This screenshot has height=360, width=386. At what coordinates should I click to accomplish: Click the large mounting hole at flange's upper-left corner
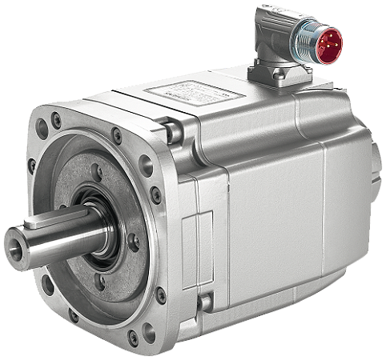(55, 122)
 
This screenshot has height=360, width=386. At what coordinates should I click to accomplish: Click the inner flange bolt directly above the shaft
(96, 170)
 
